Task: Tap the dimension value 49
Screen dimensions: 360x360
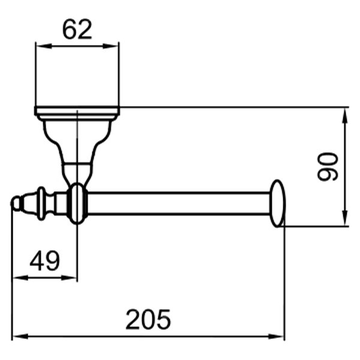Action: [x=45, y=261]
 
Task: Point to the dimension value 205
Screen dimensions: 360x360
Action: [x=148, y=319]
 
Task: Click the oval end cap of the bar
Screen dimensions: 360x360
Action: [x=277, y=203]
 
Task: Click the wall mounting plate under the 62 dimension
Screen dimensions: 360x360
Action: [x=77, y=110]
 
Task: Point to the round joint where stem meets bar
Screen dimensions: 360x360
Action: [x=77, y=204]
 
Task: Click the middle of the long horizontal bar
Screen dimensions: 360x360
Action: [x=177, y=204]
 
